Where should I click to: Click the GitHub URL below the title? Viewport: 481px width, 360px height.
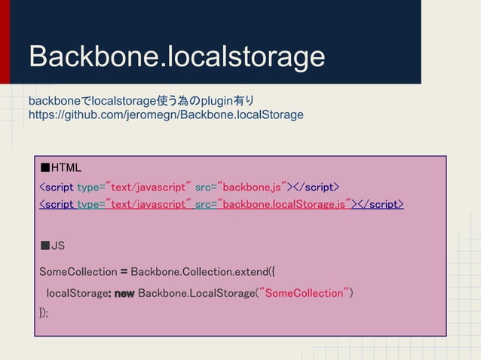(165, 115)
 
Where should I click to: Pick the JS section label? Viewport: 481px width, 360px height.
(57, 246)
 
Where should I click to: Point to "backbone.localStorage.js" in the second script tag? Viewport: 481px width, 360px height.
(286, 204)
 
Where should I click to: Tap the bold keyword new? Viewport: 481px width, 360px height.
(124, 293)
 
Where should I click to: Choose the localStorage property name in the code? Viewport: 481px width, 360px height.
(78, 293)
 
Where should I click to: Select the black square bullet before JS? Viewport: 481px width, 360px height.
(44, 246)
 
